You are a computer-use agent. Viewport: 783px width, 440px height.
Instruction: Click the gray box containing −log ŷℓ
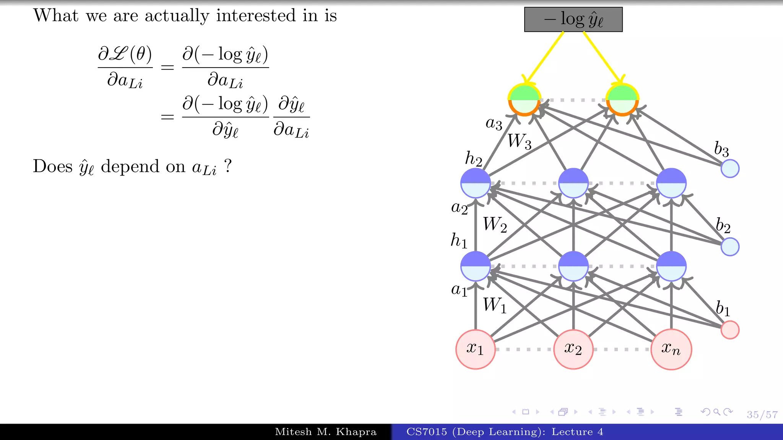573,19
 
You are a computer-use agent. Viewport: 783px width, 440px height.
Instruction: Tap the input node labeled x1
475,349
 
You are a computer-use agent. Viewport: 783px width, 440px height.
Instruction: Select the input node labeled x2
573,349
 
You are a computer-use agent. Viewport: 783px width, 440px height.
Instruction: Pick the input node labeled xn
671,349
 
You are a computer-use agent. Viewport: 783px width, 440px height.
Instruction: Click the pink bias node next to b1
729,330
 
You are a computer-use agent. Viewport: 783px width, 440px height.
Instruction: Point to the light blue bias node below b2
729,247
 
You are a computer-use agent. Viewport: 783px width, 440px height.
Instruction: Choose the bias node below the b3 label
729,168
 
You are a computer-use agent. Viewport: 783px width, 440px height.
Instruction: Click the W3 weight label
519,141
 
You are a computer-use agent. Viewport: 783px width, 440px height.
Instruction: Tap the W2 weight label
495,225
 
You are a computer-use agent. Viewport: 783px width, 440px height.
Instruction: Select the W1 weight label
494,305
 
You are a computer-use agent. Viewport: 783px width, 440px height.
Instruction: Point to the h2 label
473,158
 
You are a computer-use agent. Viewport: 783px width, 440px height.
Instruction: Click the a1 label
459,290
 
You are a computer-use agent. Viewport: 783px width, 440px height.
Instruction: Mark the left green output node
524,100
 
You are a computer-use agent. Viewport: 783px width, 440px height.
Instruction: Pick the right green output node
622,100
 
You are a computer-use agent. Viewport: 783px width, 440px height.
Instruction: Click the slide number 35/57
762,415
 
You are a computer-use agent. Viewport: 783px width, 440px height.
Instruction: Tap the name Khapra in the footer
356,432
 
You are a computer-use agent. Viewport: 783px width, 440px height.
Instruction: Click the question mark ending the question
228,166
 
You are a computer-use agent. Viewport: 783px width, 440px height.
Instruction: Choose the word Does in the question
53,166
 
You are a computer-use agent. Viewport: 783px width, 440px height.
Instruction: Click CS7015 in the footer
426,432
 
